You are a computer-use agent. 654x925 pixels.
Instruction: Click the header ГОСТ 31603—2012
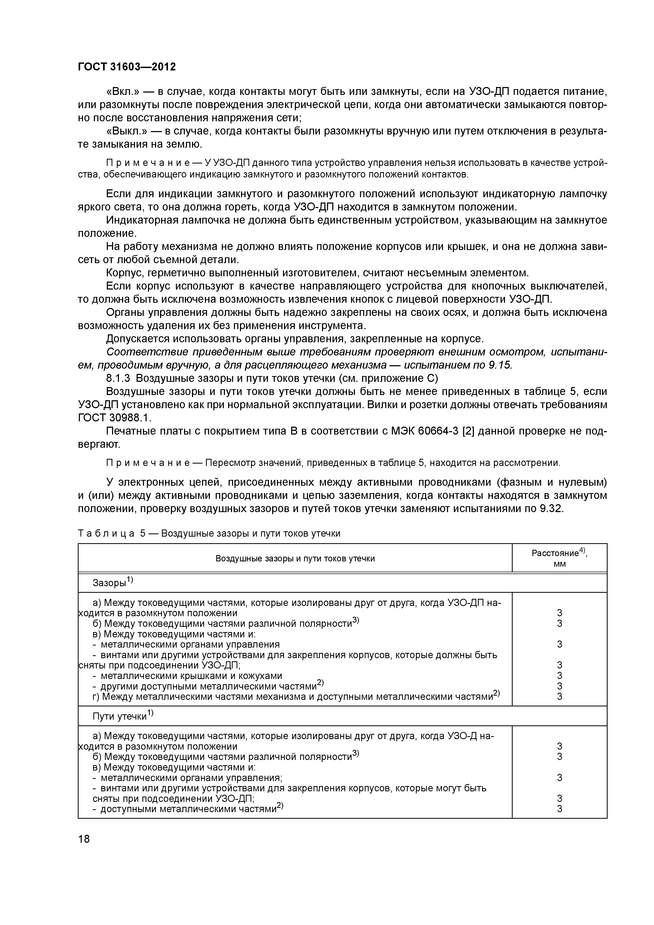[x=127, y=67]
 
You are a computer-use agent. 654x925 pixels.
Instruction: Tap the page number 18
[x=84, y=839]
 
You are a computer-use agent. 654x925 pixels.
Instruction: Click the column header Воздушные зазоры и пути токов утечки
[x=295, y=558]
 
